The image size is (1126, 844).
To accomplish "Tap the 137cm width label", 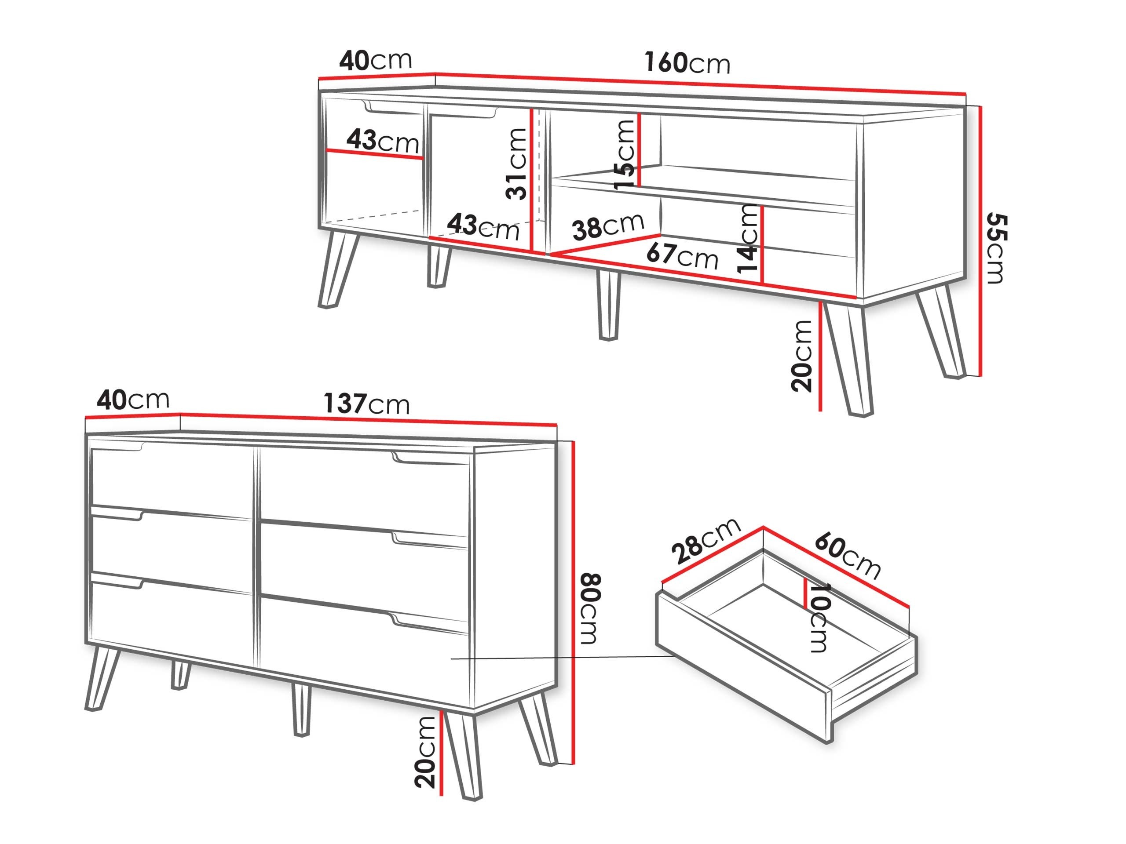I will (x=366, y=404).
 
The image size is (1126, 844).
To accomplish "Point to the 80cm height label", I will (x=590, y=608).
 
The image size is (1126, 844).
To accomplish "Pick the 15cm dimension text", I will (x=625, y=155).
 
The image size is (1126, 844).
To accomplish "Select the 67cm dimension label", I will (x=682, y=256).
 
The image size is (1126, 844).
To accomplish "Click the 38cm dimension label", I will (x=608, y=226).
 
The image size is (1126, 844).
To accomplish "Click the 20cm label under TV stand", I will (x=802, y=356).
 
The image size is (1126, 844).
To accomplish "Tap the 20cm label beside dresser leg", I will (x=425, y=753).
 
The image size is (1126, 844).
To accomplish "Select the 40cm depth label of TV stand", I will (x=375, y=61).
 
